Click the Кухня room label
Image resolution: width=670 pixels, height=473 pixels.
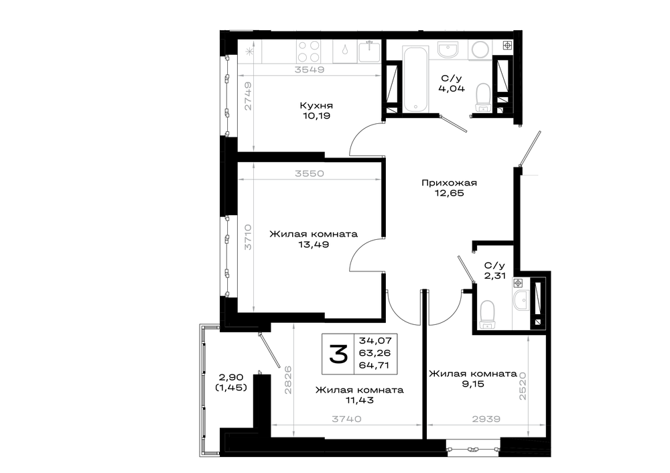point(316,105)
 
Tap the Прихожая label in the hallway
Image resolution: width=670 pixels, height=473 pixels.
point(449,183)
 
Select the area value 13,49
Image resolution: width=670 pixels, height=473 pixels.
point(314,245)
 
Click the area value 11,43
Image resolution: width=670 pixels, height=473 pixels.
point(360,400)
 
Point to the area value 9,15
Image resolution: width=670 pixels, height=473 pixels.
point(472,384)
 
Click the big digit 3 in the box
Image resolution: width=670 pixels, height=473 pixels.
point(338,354)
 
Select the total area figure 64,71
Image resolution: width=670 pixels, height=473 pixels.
point(375,365)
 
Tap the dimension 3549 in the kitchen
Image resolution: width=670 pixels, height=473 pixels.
point(310,69)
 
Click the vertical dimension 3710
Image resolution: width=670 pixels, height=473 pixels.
point(248,237)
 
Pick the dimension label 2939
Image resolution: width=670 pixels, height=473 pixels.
point(486,419)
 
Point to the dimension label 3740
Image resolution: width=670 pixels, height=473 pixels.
point(346,419)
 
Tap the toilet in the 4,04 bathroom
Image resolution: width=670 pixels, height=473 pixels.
point(483,97)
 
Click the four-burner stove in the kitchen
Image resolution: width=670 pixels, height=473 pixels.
point(308,52)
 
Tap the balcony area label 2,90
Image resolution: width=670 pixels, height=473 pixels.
point(231,377)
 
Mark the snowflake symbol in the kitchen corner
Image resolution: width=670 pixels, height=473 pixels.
point(249,52)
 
